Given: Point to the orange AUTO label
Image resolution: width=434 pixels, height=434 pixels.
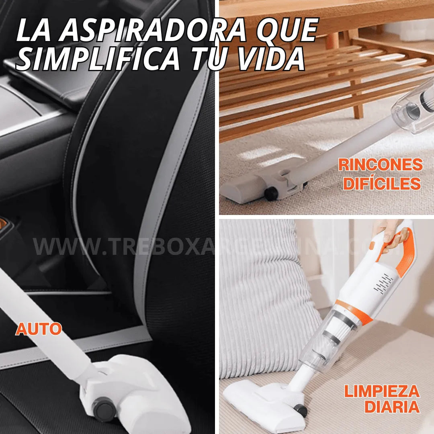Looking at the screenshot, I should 39,329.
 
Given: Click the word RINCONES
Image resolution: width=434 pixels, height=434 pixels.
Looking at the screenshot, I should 380,165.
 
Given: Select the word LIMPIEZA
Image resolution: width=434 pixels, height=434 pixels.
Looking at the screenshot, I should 381,391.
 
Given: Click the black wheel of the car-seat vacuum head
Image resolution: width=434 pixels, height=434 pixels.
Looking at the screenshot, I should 104,409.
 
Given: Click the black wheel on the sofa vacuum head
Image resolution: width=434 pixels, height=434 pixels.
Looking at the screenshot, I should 300,410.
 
